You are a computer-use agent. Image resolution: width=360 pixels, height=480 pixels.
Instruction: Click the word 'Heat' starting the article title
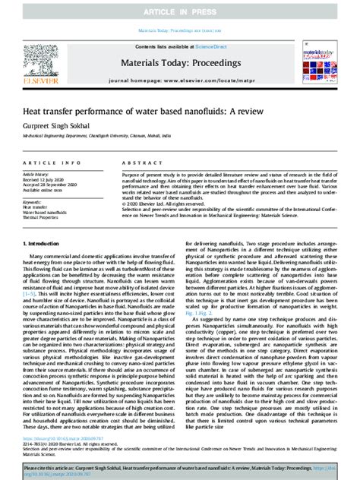(33, 111)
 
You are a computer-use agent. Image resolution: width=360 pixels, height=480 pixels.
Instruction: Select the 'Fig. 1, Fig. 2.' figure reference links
(197, 311)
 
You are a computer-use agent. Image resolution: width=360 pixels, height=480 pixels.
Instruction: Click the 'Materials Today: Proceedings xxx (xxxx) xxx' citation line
(180, 30)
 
